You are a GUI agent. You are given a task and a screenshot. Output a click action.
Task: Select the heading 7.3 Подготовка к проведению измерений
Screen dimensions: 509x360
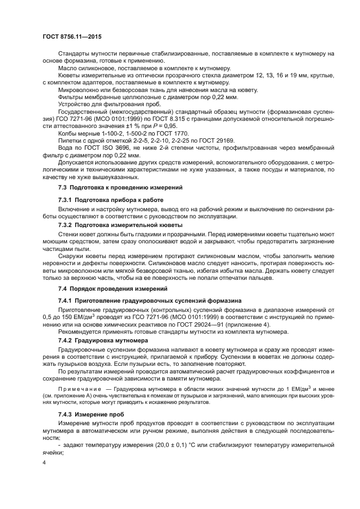[x=112, y=187]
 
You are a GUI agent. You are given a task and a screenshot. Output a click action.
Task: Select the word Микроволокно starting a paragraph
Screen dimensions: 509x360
[x=79, y=90]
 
